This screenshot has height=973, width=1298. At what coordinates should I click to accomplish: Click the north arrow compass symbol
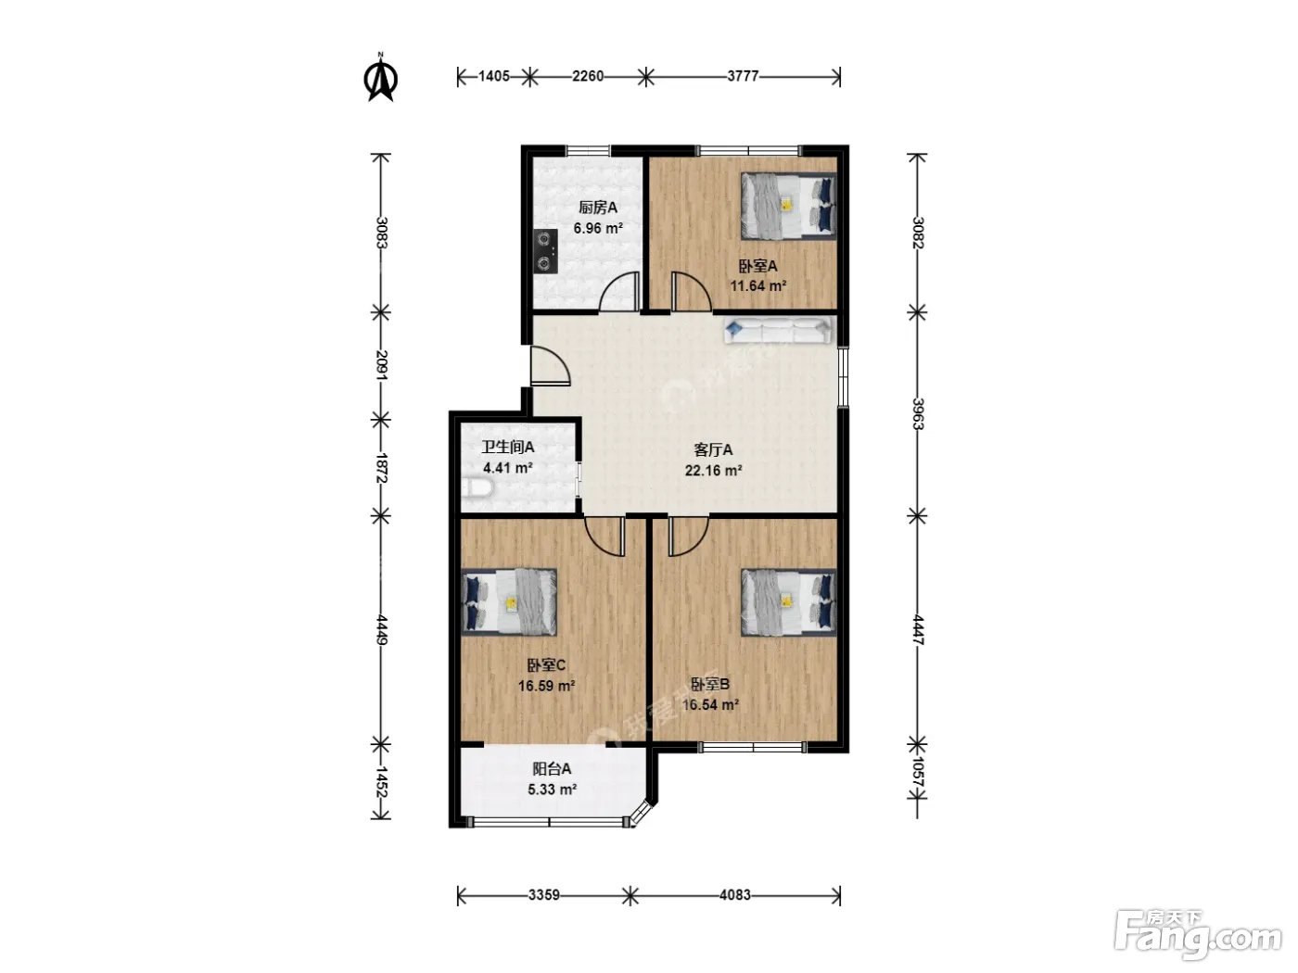381,78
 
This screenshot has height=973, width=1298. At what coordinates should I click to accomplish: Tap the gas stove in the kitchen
546,251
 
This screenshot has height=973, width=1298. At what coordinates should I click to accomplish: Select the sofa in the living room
778,330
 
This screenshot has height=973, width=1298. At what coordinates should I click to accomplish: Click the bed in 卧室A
789,206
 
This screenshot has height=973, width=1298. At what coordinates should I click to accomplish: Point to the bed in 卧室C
509,602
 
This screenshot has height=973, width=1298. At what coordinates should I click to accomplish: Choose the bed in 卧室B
789,602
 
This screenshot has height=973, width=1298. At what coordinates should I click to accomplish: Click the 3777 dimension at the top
743,76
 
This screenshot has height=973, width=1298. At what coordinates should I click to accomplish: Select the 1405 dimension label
494,76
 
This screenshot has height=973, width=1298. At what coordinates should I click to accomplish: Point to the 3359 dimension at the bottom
544,895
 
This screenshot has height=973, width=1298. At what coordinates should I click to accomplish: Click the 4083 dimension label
735,895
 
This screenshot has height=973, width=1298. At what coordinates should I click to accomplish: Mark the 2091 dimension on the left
381,366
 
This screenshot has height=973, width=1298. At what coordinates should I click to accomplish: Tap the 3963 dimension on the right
918,413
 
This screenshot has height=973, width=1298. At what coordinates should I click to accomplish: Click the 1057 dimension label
918,772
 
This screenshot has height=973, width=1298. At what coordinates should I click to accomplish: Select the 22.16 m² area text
714,471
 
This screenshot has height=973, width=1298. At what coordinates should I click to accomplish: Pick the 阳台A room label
552,768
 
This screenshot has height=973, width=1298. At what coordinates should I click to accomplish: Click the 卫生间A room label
508,448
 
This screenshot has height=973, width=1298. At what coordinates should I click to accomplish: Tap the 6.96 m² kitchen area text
598,228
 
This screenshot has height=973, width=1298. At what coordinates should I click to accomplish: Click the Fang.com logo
1198,937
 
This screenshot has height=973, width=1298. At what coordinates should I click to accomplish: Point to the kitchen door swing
619,291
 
